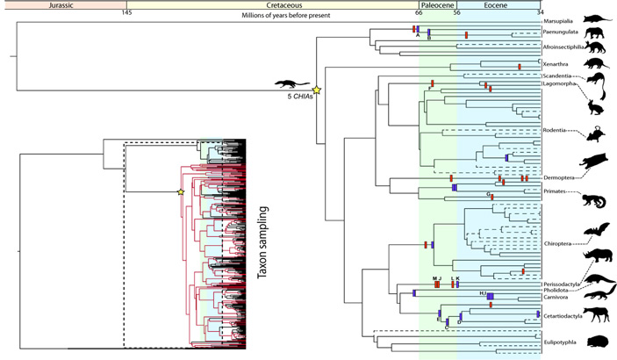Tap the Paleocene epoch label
(x=437, y=4)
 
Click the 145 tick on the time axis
(x=127, y=14)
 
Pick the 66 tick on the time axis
(x=420, y=14)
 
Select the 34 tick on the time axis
(x=539, y=14)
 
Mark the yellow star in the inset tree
(x=180, y=192)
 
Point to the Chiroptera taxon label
(x=560, y=245)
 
